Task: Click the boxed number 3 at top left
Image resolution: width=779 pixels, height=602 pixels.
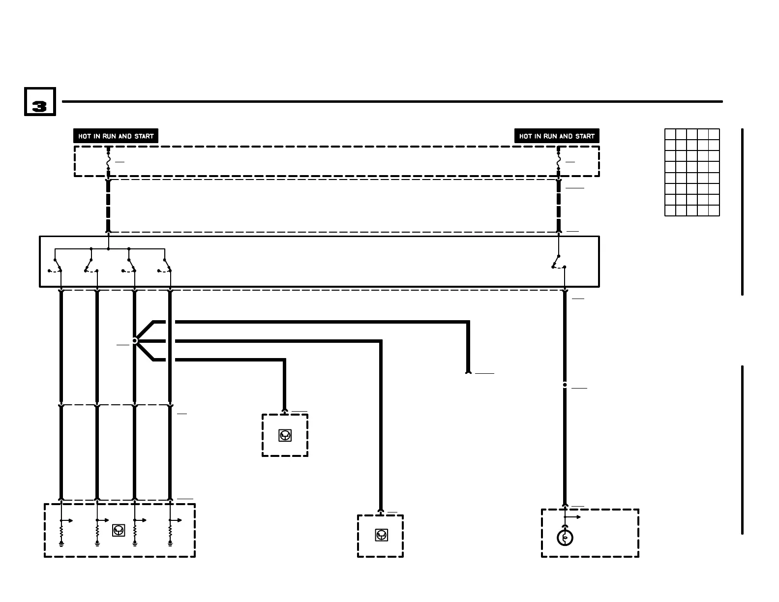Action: click(40, 102)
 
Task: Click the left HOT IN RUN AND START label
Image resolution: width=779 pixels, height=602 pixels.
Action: click(116, 136)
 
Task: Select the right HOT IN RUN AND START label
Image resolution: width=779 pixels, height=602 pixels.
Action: click(557, 136)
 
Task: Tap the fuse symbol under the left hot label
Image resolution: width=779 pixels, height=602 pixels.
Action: click(108, 161)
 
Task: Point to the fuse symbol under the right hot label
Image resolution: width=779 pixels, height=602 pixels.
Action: click(559, 161)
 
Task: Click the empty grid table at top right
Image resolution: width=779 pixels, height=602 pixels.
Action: click(692, 172)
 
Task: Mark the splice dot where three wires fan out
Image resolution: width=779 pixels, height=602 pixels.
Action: click(135, 340)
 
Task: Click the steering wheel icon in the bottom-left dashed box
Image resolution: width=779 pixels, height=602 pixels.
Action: click(119, 530)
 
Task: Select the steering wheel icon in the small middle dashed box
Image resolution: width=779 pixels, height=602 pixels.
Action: click(285, 435)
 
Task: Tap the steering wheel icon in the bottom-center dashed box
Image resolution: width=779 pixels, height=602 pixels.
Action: click(381, 535)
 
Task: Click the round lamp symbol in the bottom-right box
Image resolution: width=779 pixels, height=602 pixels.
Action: click(565, 538)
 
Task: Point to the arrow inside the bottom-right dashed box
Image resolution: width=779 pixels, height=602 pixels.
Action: click(573, 517)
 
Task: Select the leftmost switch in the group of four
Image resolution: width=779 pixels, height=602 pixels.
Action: click(57, 266)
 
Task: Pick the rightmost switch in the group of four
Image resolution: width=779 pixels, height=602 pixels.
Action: click(166, 266)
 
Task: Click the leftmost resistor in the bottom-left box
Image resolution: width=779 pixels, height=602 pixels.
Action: click(61, 532)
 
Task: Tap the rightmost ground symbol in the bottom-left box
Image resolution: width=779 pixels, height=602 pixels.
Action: click(170, 543)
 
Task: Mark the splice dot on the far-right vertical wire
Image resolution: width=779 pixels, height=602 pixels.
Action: click(565, 385)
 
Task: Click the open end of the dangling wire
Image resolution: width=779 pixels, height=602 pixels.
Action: click(468, 372)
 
